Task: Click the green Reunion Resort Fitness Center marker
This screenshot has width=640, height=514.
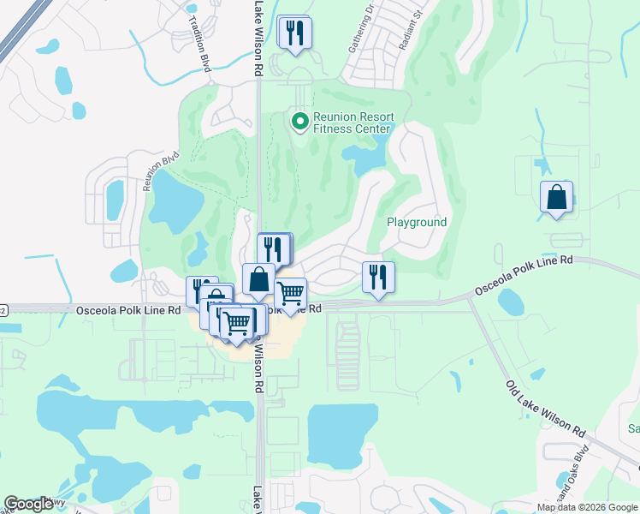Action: (x=299, y=123)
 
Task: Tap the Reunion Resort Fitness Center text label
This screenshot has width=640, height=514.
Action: (x=353, y=123)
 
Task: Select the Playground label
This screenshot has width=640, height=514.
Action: (x=417, y=222)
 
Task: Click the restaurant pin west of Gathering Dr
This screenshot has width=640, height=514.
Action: (x=295, y=34)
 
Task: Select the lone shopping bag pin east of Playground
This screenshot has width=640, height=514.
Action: (x=557, y=198)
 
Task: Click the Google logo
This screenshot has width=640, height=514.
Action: (x=28, y=504)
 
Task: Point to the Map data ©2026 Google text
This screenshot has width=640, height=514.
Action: (x=587, y=506)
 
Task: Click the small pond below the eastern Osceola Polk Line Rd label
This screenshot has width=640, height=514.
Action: (x=511, y=302)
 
